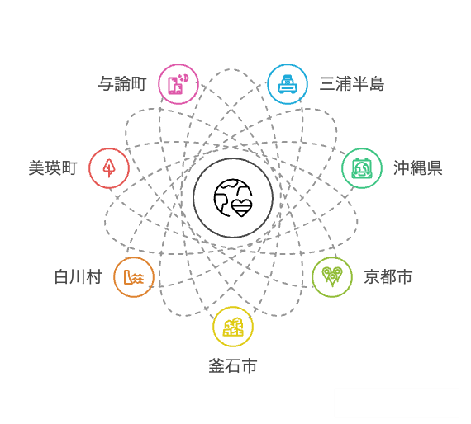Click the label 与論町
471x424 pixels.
coord(122,83)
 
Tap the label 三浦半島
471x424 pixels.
coord(352,83)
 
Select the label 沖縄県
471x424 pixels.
coord(418,168)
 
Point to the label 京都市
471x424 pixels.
coord(388,277)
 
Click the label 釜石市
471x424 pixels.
coord(233,365)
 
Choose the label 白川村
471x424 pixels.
coord(78,277)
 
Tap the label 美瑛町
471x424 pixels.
coord(53,168)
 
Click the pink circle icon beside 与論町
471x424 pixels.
coord(178,84)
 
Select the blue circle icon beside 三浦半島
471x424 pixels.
coord(288,84)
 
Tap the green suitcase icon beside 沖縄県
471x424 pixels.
coord(362,168)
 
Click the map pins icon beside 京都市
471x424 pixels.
coord(332,276)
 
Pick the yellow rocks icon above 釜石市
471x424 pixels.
coord(233,327)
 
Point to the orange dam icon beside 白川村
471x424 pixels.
coord(134,277)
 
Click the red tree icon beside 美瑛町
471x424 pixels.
coord(109,168)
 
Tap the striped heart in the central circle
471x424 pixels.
coord(242,208)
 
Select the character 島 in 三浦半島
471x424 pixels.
coord(376,83)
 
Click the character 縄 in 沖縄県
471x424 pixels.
coord(418,168)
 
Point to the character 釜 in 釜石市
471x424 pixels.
coord(216,365)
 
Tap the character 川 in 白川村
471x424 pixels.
coord(78,277)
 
